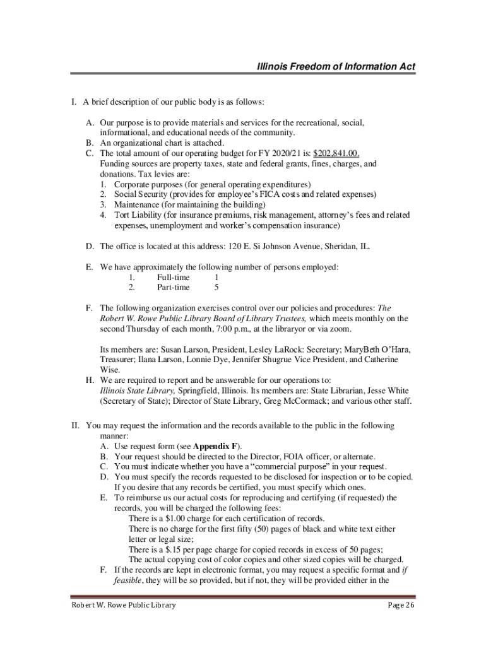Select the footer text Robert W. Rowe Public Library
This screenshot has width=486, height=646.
tap(123, 606)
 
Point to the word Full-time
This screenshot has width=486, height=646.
tap(174, 277)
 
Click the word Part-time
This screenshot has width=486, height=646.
tap(173, 287)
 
